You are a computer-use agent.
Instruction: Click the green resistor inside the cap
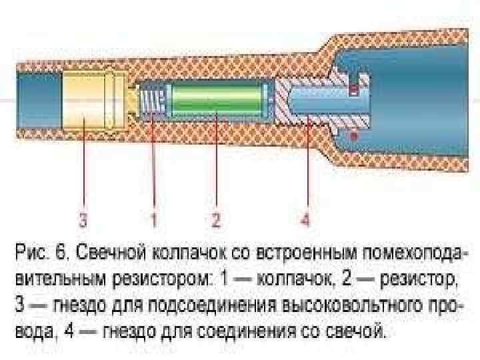point(217,104)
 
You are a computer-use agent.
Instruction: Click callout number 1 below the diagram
point(153,219)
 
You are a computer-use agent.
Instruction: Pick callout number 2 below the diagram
point(216,219)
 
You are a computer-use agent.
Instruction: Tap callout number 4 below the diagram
point(305,219)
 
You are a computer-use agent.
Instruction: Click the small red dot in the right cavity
point(354,134)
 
